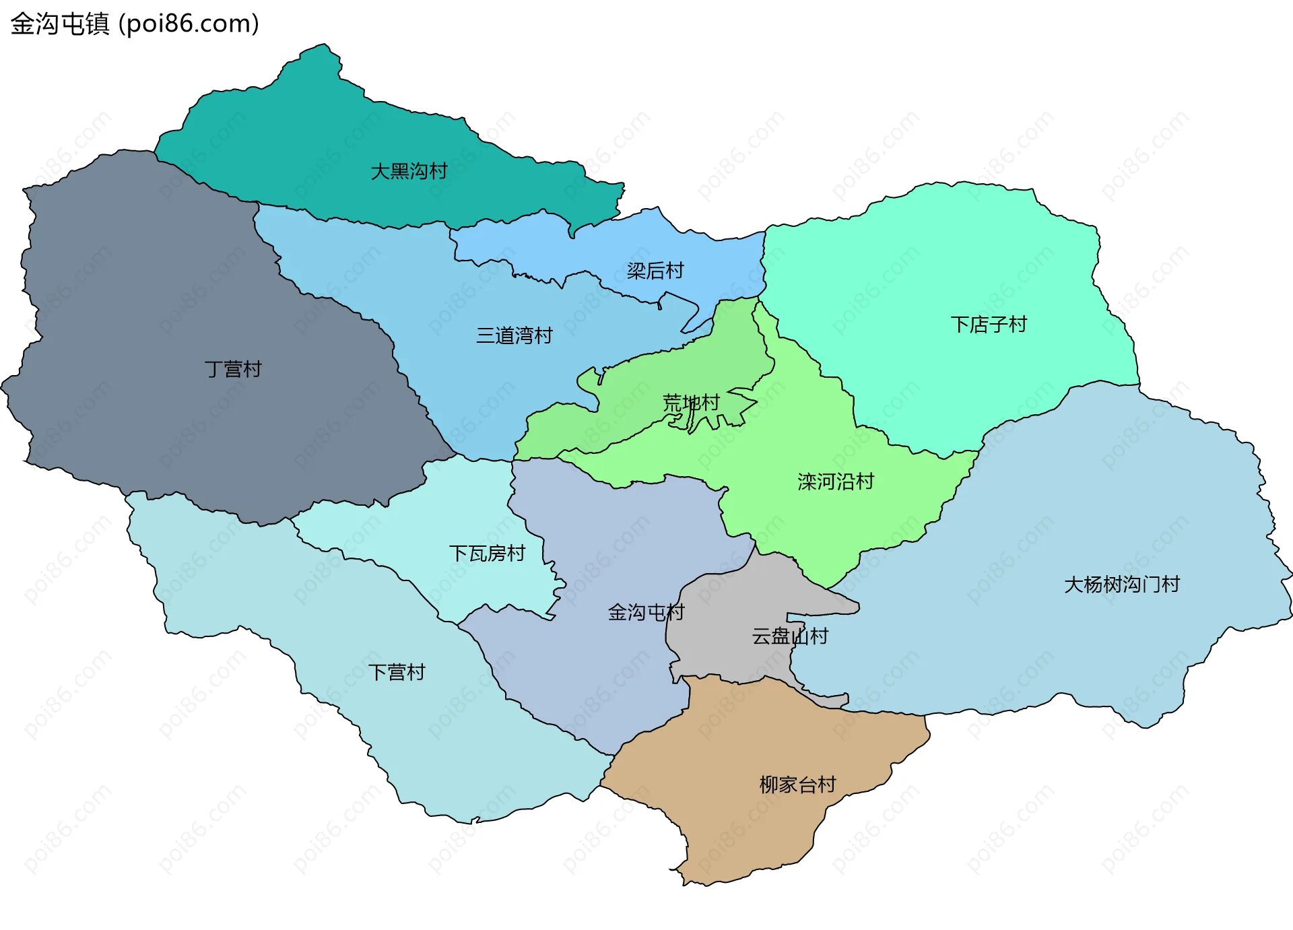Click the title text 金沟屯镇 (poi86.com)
(x=135, y=24)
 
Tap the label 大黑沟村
(x=409, y=171)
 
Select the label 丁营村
(x=232, y=369)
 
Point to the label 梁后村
(x=655, y=271)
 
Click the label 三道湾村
(x=514, y=335)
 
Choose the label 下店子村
(x=988, y=325)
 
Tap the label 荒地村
(x=691, y=403)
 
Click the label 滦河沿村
(x=835, y=481)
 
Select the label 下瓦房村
(x=486, y=554)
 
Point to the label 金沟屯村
(x=645, y=612)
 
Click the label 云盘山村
(x=789, y=636)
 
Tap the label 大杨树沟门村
(x=1121, y=584)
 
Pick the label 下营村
(x=397, y=672)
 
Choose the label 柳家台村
(x=797, y=785)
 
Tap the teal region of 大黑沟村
(x=303, y=135)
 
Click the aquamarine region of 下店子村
(x=943, y=256)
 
